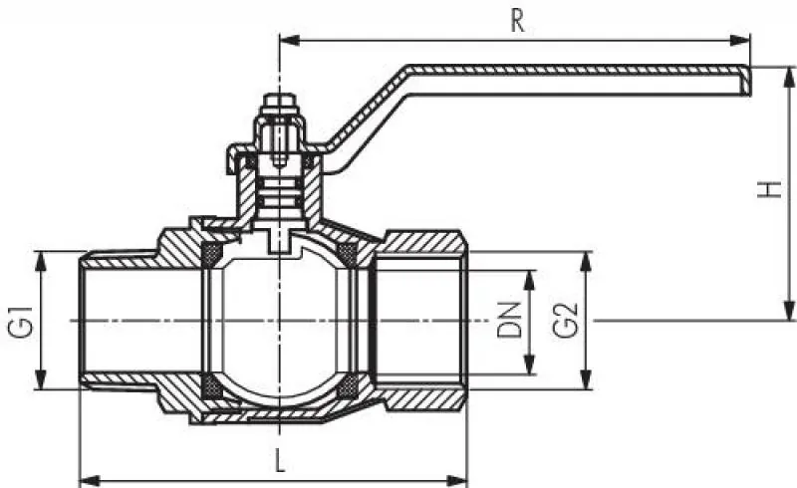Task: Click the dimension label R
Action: [517, 21]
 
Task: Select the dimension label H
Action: [769, 189]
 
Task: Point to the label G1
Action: [20, 321]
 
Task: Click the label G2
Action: [565, 321]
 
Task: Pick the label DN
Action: [510, 321]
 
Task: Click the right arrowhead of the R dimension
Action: [740, 40]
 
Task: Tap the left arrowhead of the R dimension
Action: [290, 40]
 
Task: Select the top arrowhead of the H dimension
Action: [789, 77]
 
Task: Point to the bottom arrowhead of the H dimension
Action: [789, 311]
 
